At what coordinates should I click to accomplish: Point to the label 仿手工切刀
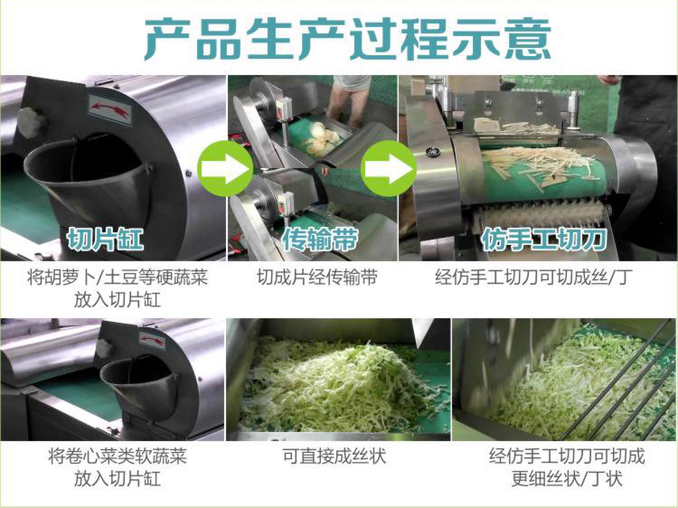point(543,240)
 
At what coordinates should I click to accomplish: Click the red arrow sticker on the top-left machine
point(108,111)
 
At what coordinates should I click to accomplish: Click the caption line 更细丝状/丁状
point(567,478)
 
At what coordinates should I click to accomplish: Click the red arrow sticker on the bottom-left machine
point(151,341)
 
